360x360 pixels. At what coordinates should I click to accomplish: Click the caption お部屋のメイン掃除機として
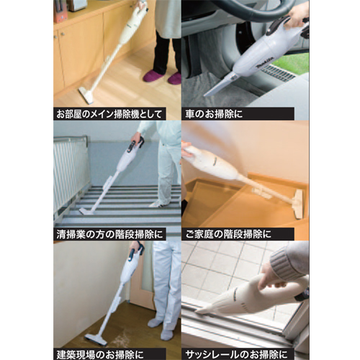[109, 113]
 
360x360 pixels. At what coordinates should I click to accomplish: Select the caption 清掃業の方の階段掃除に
[110, 233]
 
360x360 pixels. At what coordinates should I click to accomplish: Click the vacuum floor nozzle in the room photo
[85, 95]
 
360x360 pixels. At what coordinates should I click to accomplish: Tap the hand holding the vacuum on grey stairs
[135, 138]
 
